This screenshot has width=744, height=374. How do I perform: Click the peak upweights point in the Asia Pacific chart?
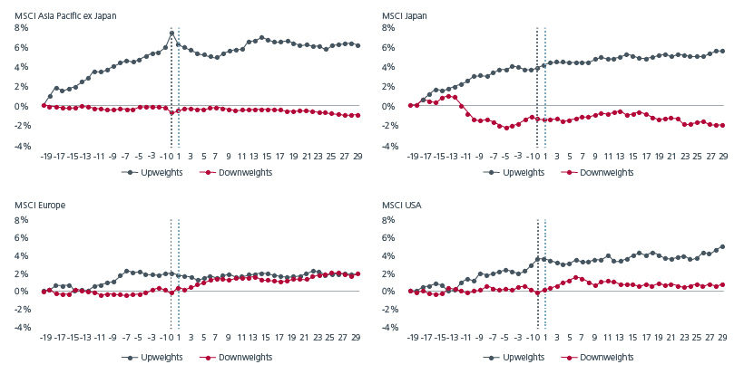(171, 34)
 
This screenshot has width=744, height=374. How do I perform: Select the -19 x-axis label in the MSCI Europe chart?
(45, 340)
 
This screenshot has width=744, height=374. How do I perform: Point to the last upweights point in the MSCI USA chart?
(721, 246)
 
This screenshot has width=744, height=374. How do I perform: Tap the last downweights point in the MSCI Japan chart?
(721, 125)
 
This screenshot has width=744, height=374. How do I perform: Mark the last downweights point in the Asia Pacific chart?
(358, 115)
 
